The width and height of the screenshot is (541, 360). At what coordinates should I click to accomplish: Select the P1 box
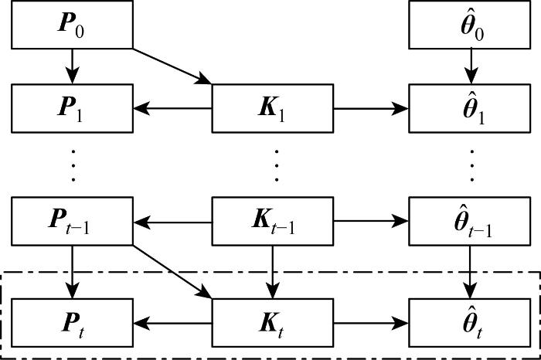[73, 108]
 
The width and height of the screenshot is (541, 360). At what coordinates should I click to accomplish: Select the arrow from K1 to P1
[173, 108]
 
